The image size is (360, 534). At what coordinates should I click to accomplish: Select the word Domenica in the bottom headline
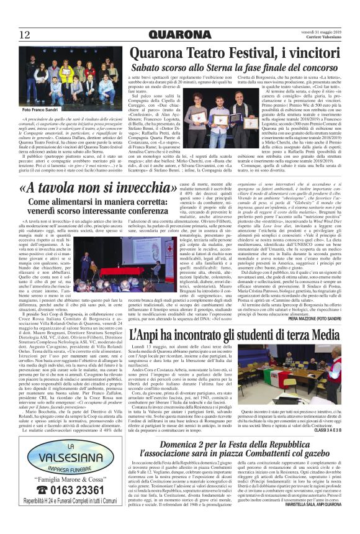tap(179, 462)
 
